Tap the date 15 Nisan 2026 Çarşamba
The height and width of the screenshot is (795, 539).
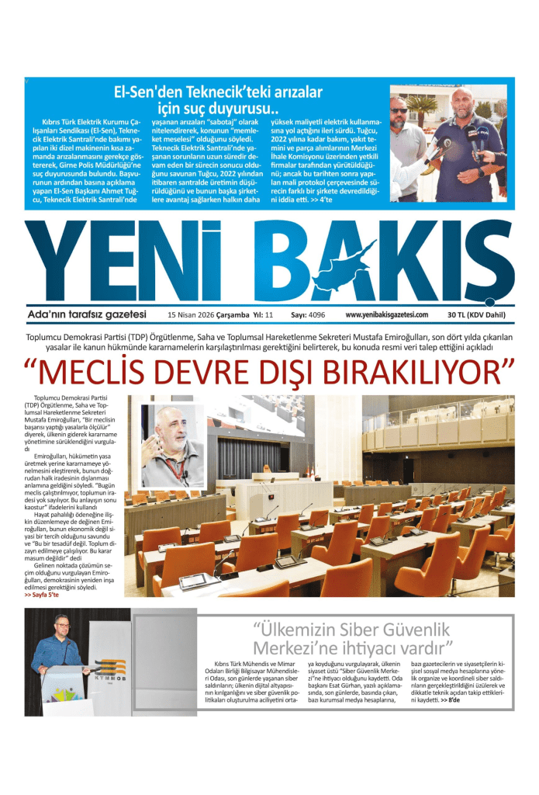coord(206,315)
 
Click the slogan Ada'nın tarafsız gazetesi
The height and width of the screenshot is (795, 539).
coord(86,314)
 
